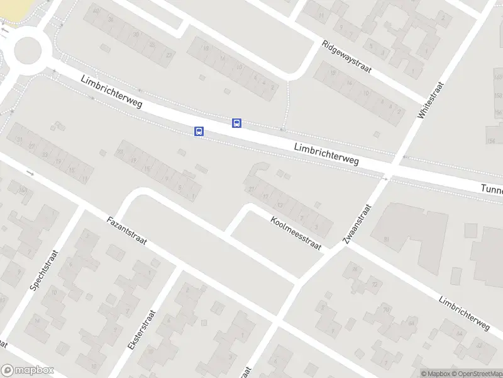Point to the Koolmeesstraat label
pyautogui.click(x=296, y=233)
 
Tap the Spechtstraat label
pyautogui.click(x=44, y=270)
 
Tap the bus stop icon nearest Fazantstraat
pyautogui.click(x=199, y=131)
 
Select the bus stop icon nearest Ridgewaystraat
pyautogui.click(x=237, y=123)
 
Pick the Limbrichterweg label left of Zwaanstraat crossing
pyautogui.click(x=326, y=154)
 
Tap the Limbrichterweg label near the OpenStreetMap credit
pyautogui.click(x=464, y=313)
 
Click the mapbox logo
pyautogui.click(x=27, y=370)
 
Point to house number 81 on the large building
pyautogui.click(x=387, y=238)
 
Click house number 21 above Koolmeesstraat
pyautogui.click(x=251, y=189)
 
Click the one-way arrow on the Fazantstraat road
pyautogui.click(x=30, y=173)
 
